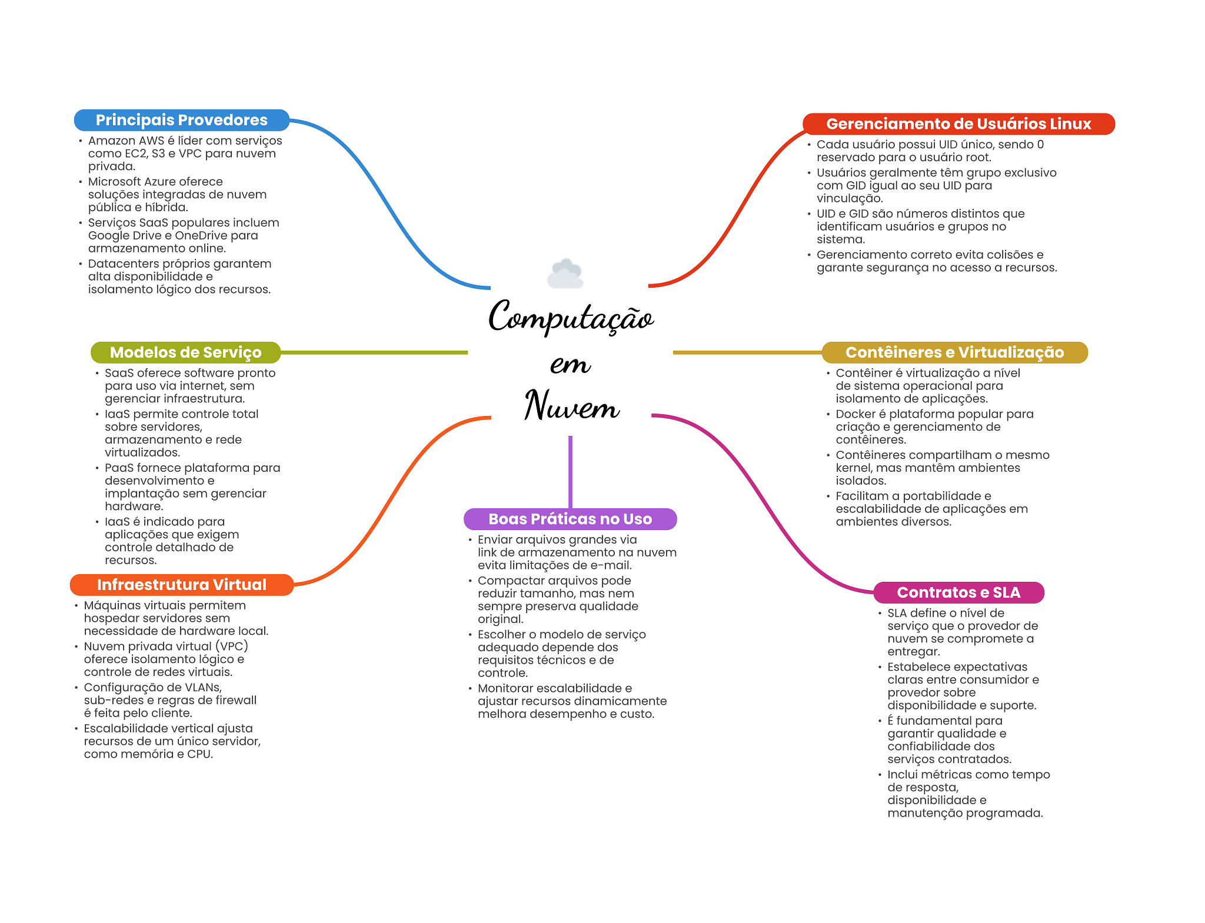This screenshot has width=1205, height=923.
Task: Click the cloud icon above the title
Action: pyautogui.click(x=565, y=274)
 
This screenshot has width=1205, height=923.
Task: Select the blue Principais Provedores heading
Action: pyautogui.click(x=182, y=120)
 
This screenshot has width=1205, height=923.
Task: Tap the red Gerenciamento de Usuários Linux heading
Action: pyautogui.click(x=958, y=124)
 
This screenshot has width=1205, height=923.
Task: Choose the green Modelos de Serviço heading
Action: pyautogui.click(x=185, y=352)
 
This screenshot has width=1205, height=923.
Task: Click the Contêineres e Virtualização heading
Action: pyautogui.click(x=954, y=352)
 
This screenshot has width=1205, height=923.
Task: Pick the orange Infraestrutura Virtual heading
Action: pyautogui.click(x=181, y=585)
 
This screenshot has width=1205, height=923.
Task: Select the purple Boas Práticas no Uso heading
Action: pyautogui.click(x=570, y=519)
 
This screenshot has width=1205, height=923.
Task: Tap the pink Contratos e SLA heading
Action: pyautogui.click(x=958, y=592)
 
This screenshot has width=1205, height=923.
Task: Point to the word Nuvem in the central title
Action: pyautogui.click(x=572, y=405)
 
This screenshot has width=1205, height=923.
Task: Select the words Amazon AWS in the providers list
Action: pyautogui.click(x=126, y=141)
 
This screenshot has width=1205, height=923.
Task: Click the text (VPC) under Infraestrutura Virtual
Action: pyautogui.click(x=232, y=647)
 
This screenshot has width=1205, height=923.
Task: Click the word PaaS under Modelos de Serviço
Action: pyautogui.click(x=119, y=468)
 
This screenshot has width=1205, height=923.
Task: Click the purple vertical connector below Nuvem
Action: pyautogui.click(x=570, y=472)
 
